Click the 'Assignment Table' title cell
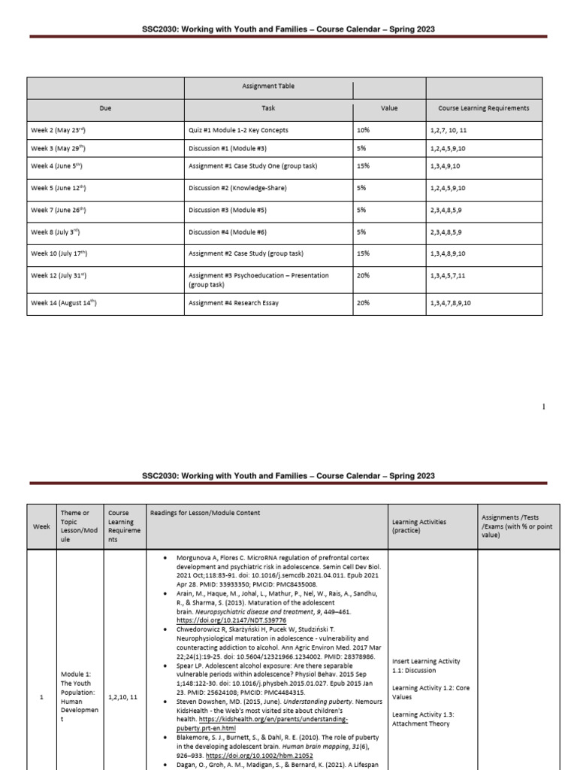tap(268, 86)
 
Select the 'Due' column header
tap(105, 108)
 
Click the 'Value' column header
tap(389, 108)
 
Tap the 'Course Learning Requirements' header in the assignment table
tap(483, 108)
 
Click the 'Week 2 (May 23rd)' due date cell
tap(64, 130)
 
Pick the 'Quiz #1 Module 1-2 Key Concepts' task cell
tap(238, 130)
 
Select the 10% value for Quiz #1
tap(364, 130)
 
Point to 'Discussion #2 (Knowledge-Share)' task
tap(237, 188)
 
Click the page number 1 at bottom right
tap(543, 407)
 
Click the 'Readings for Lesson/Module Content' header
tap(206, 513)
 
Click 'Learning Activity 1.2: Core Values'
tap(424, 693)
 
